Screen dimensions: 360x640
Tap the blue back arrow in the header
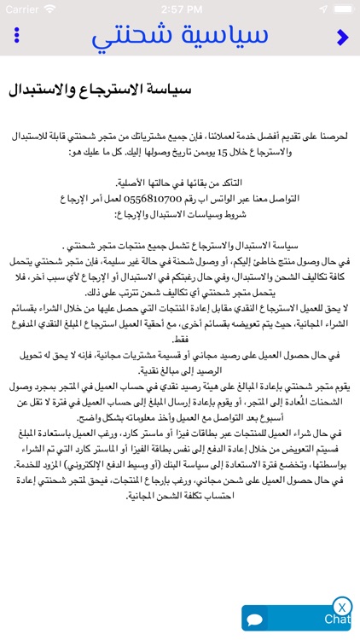343,37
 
